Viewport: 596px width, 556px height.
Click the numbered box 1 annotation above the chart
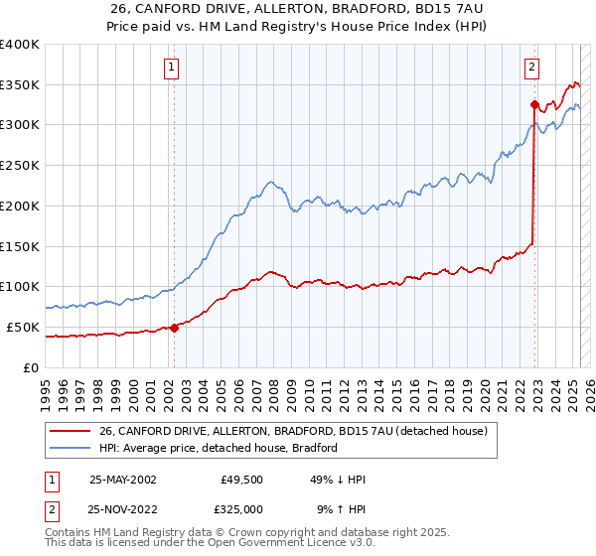[172, 68]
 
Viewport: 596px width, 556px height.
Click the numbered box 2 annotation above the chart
[532, 68]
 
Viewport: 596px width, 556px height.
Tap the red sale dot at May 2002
[174, 327]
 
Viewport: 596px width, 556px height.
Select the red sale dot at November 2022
[534, 104]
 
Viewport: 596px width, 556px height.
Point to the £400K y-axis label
[20, 45]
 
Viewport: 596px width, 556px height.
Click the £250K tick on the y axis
[20, 166]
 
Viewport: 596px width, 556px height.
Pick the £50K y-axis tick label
[24, 327]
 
